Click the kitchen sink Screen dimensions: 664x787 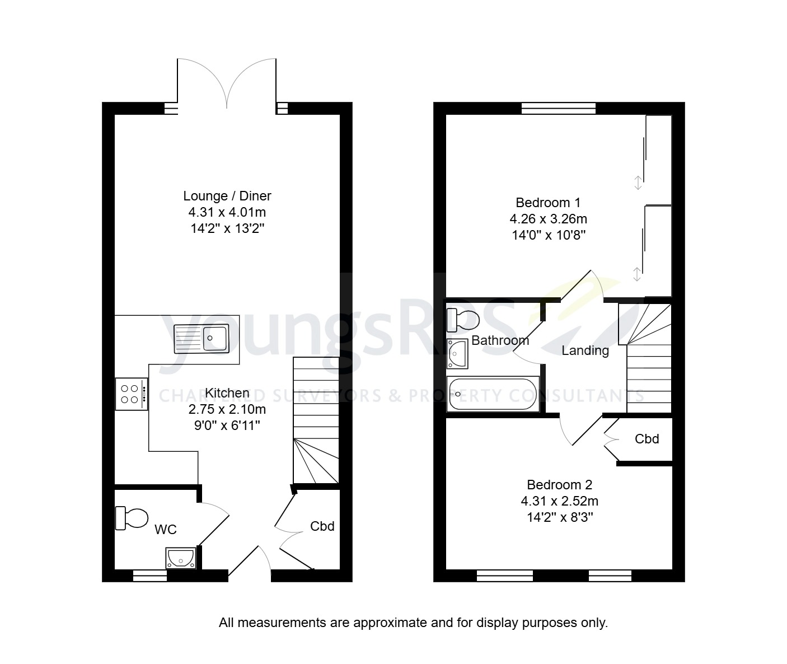[x=202, y=339]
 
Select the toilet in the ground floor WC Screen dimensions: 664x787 [x=132, y=518]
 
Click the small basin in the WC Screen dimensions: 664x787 [x=180, y=558]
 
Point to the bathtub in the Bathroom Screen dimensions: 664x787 [x=493, y=394]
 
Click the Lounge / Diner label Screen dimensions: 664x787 [x=227, y=196]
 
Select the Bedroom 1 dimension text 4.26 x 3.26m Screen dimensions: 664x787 [x=548, y=219]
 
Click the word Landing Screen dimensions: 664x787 [x=585, y=351]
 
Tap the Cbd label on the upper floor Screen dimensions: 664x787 [x=647, y=439]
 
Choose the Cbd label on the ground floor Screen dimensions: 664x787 [x=322, y=526]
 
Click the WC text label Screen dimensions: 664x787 [x=166, y=529]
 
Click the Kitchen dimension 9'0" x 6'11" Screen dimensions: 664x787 [x=227, y=425]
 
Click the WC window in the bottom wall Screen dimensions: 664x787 [x=149, y=576]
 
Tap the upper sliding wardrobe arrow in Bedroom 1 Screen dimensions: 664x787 [x=637, y=183]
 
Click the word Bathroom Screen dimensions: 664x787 [x=500, y=340]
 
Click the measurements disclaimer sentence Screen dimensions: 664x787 [x=413, y=622]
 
